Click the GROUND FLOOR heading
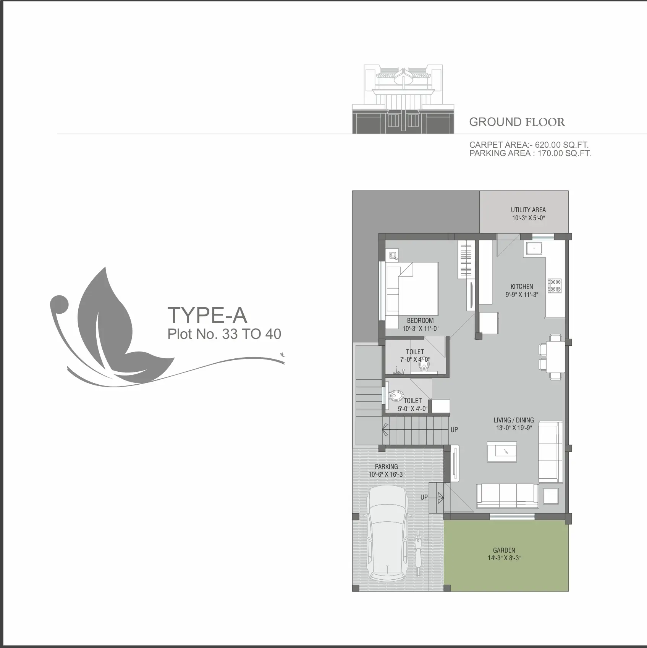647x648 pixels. [517, 122]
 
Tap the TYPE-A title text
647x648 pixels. [207, 315]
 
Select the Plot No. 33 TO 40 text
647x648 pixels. [224, 334]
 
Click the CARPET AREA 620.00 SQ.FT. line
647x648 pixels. [529, 145]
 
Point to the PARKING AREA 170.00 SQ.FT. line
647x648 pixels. [530, 153]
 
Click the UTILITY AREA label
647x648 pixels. [528, 210]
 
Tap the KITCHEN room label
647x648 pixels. [522, 287]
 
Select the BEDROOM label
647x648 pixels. [420, 321]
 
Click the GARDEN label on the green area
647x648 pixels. [504, 550]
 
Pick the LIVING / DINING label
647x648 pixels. [514, 420]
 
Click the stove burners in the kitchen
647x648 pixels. [555, 286]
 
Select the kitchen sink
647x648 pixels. [535, 248]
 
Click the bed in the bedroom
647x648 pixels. [412, 295]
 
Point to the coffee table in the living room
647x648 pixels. [502, 452]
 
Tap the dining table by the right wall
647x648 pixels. [556, 357]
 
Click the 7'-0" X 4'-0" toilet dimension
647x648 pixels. [415, 359]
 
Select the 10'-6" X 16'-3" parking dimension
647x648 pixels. [387, 474]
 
